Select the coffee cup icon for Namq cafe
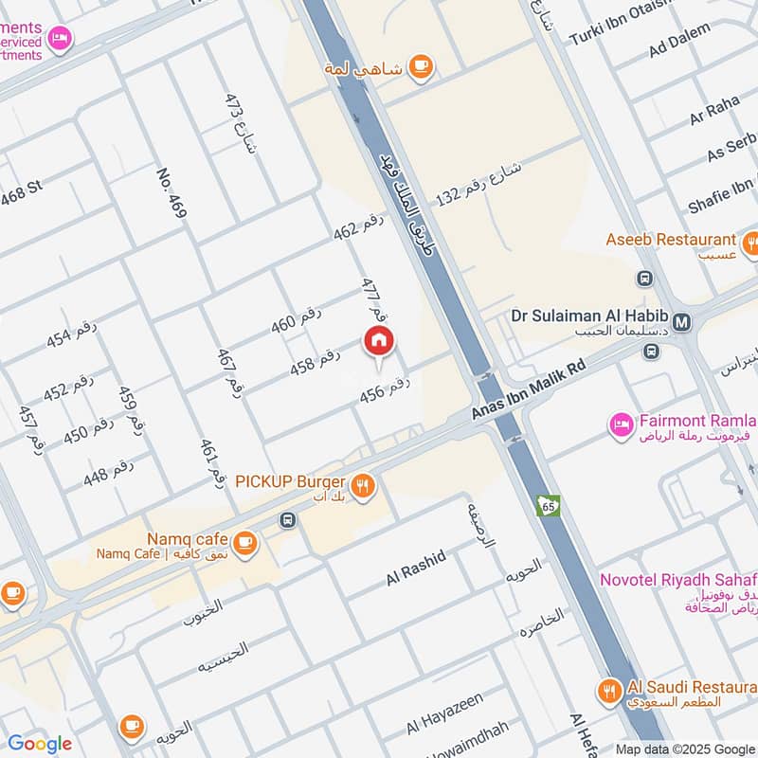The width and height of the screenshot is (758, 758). (245, 543)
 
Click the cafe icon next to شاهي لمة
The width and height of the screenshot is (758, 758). (421, 66)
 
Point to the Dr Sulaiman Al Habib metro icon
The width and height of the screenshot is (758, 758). (682, 322)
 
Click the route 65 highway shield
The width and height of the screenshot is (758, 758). (547, 505)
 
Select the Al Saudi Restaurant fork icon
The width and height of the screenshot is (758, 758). (608, 689)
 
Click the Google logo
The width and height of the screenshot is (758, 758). (40, 744)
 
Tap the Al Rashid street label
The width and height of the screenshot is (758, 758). (416, 568)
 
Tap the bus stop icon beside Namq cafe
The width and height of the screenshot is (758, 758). (287, 519)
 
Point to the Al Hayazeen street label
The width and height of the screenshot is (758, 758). (444, 713)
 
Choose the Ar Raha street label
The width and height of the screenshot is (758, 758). (714, 111)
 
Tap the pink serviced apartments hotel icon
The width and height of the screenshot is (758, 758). (60, 38)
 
